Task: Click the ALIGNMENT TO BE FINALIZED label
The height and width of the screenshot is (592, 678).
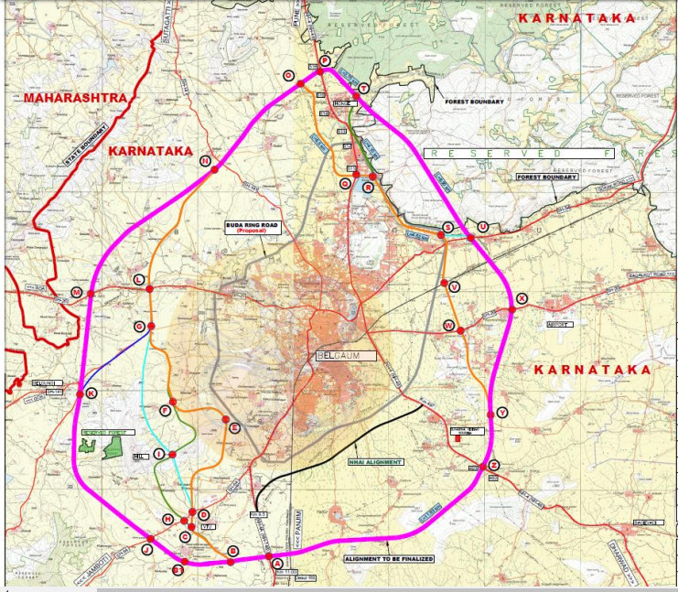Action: pyautogui.click(x=388, y=558)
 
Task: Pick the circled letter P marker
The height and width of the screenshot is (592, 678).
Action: pyautogui.click(x=323, y=60)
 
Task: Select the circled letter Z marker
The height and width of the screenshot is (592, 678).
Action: pyautogui.click(x=494, y=465)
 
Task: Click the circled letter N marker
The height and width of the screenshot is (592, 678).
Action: pyautogui.click(x=205, y=161)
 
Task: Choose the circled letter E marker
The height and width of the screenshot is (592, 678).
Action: pyautogui.click(x=234, y=427)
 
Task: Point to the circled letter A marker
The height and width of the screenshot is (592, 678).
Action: pyautogui.click(x=277, y=564)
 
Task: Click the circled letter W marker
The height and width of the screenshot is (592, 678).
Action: pyautogui.click(x=448, y=325)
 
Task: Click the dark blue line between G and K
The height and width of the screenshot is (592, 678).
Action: pyautogui.click(x=115, y=360)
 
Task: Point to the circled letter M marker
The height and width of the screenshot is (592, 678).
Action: pyautogui.click(x=77, y=293)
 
